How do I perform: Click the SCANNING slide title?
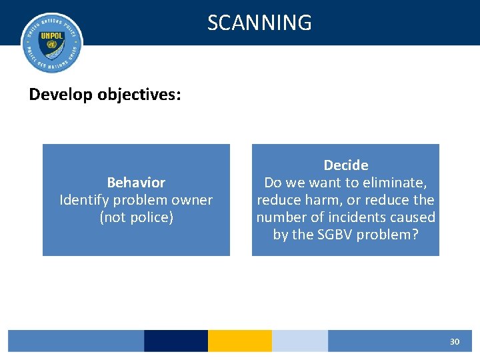(x=259, y=23)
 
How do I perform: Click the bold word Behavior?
(x=136, y=183)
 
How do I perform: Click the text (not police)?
(x=136, y=217)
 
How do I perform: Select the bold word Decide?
(x=345, y=165)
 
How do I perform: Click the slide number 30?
(x=454, y=341)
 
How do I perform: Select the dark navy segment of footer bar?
(x=175, y=341)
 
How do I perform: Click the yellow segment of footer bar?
(x=239, y=341)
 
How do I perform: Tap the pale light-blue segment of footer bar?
(x=299, y=341)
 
